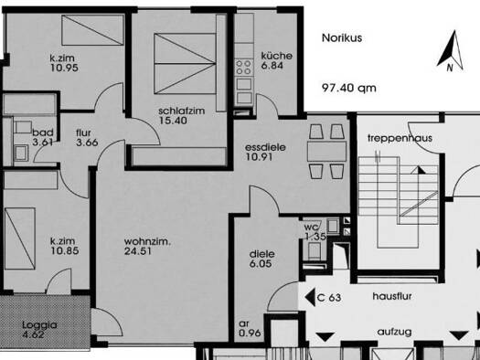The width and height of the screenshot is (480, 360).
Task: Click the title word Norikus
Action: pyautogui.click(x=342, y=38)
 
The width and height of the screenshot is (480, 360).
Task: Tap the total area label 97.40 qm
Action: pyautogui.click(x=349, y=88)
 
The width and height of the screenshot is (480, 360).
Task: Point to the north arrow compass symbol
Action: pyautogui.click(x=451, y=51)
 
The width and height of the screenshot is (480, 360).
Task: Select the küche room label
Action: pyautogui.click(x=277, y=56)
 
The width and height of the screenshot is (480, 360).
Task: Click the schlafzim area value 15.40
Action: pyautogui.click(x=173, y=121)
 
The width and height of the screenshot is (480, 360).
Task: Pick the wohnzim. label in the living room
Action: pyautogui.click(x=147, y=241)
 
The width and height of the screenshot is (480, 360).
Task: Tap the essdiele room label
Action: pyautogui.click(x=265, y=147)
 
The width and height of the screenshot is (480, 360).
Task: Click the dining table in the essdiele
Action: pyautogui.click(x=327, y=151)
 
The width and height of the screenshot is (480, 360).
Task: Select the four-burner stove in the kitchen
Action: pyautogui.click(x=244, y=68)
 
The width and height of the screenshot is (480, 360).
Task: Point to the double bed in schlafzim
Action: pyautogui.click(x=185, y=64)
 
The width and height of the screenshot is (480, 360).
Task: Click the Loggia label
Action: pyautogui.click(x=39, y=324)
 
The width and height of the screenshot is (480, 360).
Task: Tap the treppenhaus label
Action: pyautogui.click(x=400, y=138)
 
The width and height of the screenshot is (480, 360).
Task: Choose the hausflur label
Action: pyautogui.click(x=392, y=296)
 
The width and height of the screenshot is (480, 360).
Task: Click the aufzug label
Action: pyautogui.click(x=394, y=332)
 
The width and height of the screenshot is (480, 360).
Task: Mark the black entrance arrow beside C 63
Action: pyautogui.click(x=310, y=297)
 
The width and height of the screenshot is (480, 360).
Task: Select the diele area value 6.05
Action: pyautogui.click(x=261, y=264)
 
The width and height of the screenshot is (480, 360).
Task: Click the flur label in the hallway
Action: pyautogui.click(x=83, y=132)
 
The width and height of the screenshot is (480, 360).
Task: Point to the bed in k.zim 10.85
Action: pyautogui.click(x=20, y=238)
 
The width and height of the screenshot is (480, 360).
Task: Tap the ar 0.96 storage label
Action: pyautogui.click(x=250, y=328)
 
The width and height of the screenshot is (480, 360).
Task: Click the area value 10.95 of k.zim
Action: pyautogui.click(x=64, y=68)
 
